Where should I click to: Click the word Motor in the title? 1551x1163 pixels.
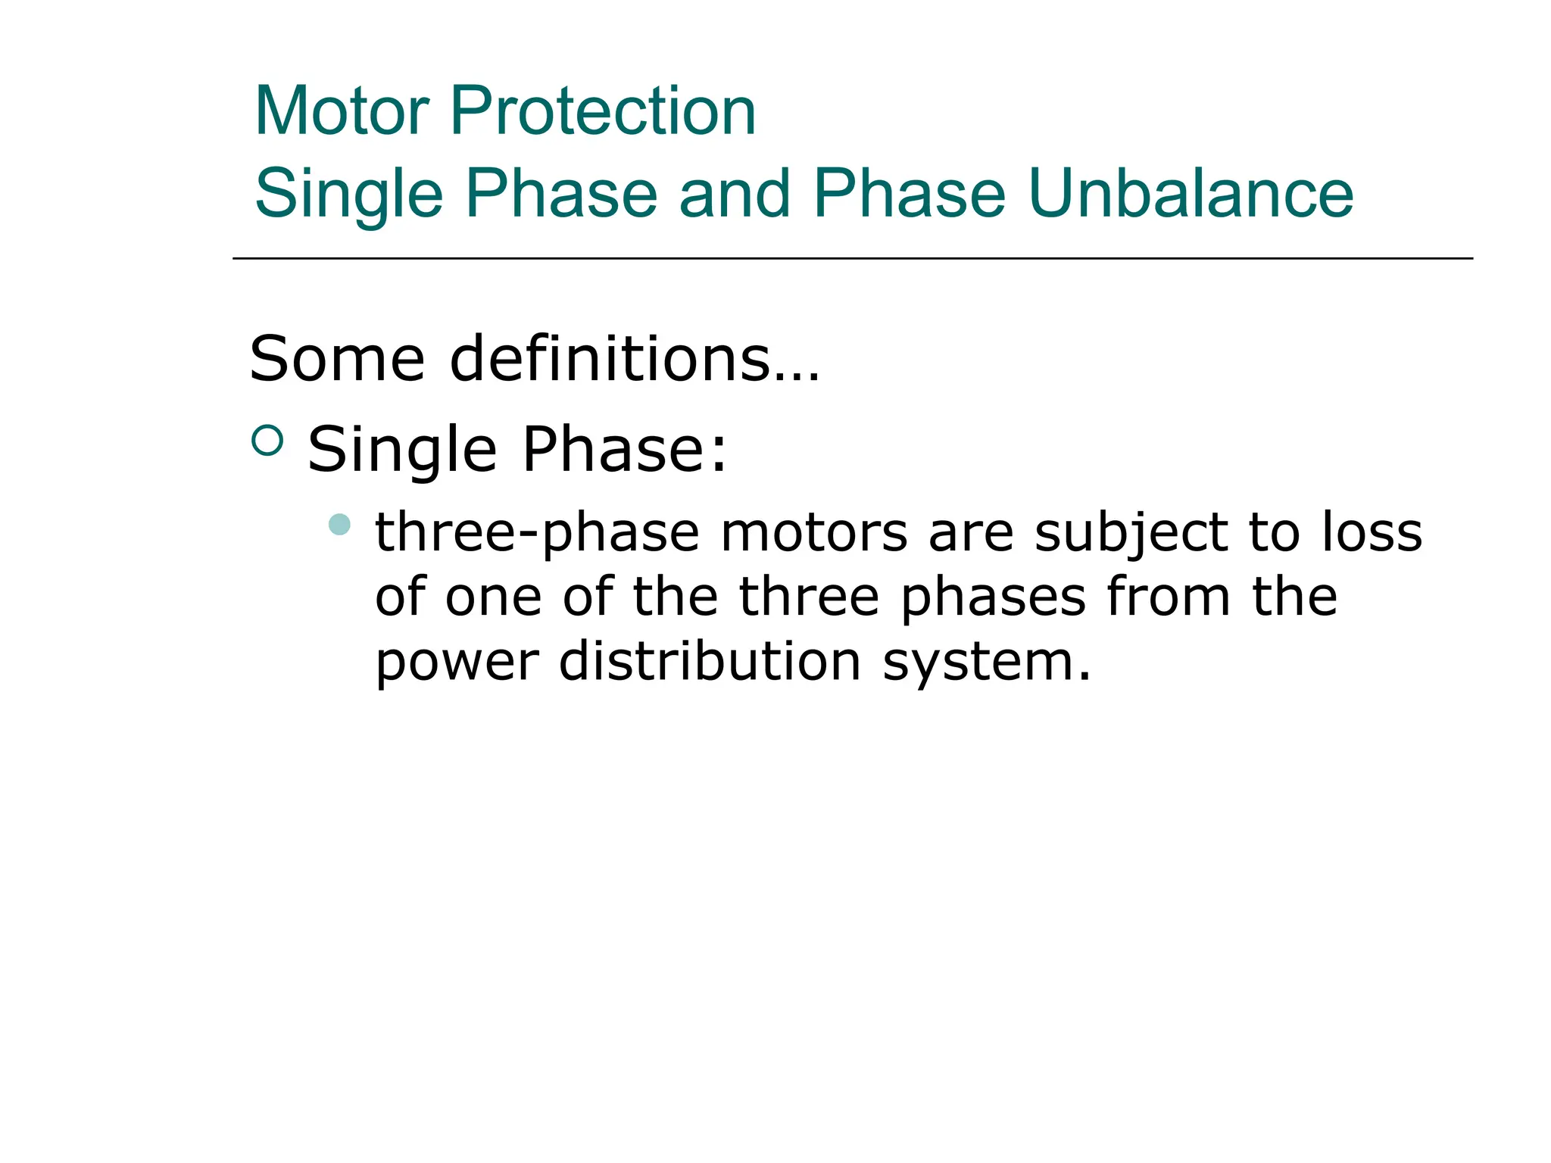coord(342,111)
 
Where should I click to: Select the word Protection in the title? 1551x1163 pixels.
coord(603,111)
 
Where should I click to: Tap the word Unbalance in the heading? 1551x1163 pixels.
coord(1190,194)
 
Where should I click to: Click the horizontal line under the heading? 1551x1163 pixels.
coord(852,259)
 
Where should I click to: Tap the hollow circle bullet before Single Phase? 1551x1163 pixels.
coord(267,441)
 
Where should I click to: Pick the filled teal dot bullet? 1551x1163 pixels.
coord(340,524)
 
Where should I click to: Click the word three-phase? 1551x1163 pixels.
coord(537,532)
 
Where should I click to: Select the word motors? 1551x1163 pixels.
coord(813,532)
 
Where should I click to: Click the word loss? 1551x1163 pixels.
coord(1372,532)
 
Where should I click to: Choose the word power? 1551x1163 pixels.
coord(457,663)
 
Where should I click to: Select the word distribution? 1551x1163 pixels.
coord(710,661)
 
